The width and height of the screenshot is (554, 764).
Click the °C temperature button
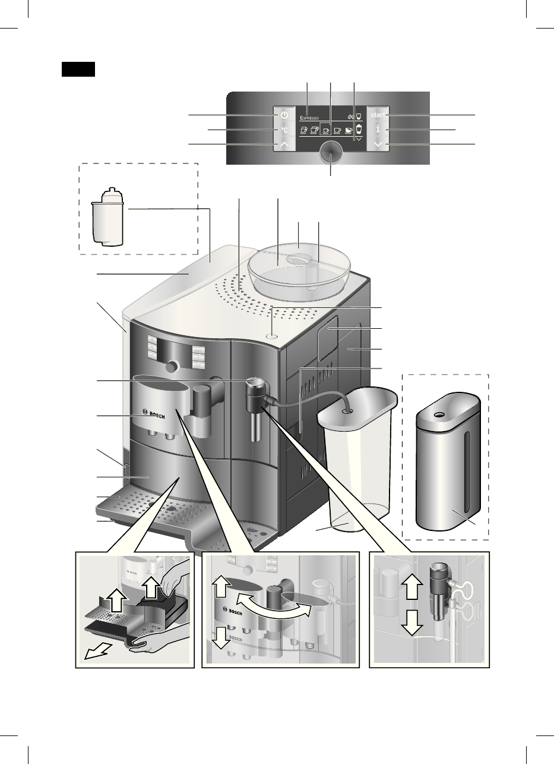point(284,130)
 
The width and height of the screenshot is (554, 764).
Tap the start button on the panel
point(378,114)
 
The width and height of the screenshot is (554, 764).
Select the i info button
point(378,130)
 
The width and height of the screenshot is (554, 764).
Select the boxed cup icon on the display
point(326,130)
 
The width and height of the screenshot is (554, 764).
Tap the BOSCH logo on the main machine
point(154,413)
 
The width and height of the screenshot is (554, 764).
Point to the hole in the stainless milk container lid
point(440,414)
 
